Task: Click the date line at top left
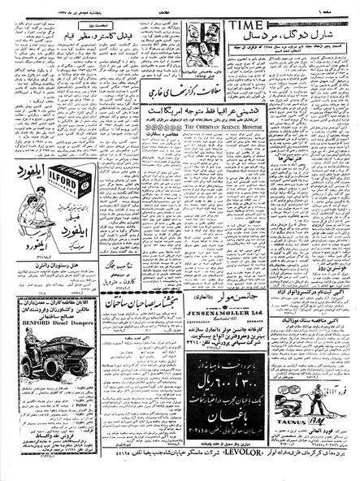click(x=37, y=7)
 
